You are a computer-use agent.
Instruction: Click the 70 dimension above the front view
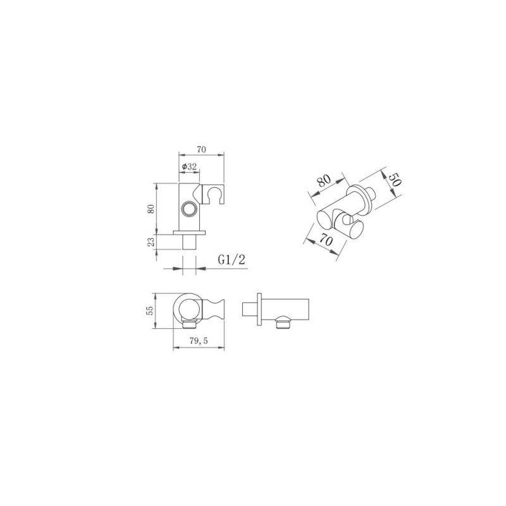pos(201,149)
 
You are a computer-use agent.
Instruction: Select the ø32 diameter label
pos(189,166)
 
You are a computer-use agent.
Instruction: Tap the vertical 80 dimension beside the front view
pos(151,209)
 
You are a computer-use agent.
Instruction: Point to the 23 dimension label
pos(151,242)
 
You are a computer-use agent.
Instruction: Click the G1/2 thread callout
pos(231,260)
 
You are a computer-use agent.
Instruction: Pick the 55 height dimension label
pos(150,311)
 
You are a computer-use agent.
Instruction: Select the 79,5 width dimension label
pos(199,341)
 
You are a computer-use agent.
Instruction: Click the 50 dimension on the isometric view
pos(394,180)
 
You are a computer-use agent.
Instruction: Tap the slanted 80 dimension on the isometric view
pos(324,181)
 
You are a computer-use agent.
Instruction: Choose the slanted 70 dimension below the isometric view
pos(326,240)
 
